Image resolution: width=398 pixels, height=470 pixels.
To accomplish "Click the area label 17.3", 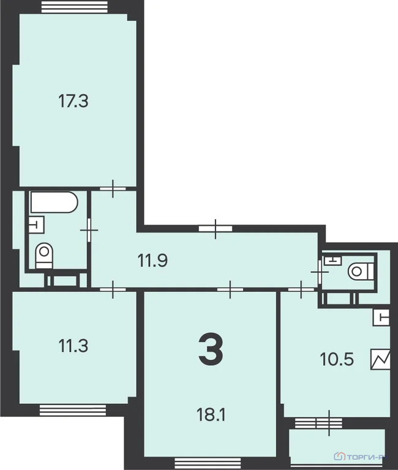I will point(73,101).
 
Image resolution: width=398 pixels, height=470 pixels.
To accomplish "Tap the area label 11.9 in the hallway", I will point(152,261).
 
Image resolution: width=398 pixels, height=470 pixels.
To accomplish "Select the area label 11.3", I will point(73,346).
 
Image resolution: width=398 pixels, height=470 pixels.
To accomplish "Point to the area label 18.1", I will point(211,416).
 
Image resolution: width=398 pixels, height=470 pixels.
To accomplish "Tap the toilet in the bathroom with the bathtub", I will point(43,255).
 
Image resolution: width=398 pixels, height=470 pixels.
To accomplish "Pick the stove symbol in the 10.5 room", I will point(380,359).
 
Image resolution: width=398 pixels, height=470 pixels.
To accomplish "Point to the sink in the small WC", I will point(332,261).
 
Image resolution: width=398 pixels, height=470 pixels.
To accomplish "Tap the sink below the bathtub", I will point(36,225).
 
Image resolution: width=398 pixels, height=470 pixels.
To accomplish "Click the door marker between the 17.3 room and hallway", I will point(113,188).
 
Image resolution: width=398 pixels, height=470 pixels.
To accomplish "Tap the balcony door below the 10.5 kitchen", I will point(329,423).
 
